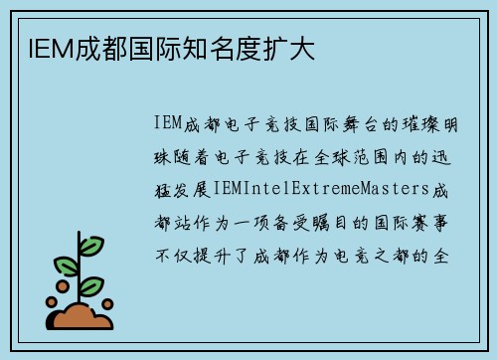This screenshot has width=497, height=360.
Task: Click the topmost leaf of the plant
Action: coord(90,245)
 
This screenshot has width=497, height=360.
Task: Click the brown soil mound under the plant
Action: coord(82,317)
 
